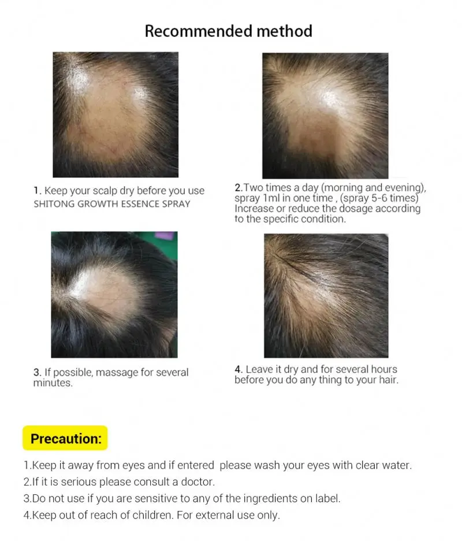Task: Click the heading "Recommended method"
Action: (x=228, y=31)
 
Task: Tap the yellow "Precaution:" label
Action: (x=65, y=439)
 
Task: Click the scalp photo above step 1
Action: (x=115, y=114)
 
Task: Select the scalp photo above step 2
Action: (x=325, y=116)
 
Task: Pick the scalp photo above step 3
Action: (x=114, y=294)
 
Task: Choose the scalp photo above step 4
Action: (x=326, y=295)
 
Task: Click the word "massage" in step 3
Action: (x=117, y=373)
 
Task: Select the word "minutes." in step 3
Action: (x=53, y=383)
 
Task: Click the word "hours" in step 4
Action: (x=382, y=369)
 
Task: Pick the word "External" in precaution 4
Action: (x=214, y=515)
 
